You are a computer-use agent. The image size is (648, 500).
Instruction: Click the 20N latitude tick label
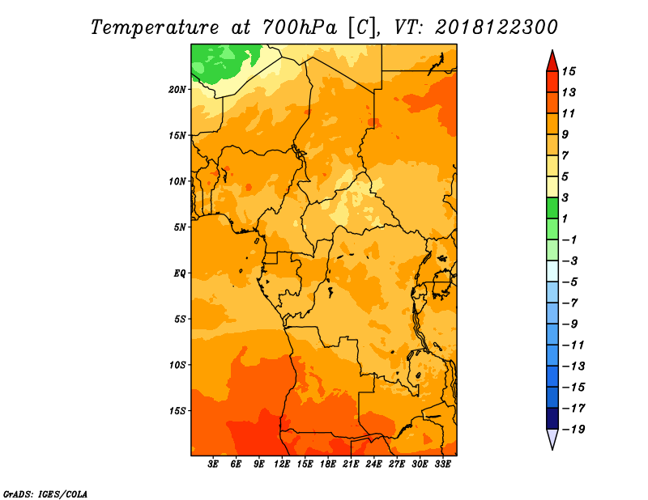177,90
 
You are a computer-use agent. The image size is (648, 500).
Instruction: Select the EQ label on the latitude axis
180,273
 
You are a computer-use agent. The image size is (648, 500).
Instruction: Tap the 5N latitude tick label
180,227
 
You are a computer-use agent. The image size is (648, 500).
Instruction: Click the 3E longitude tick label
213,464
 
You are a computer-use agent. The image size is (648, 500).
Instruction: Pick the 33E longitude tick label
442,464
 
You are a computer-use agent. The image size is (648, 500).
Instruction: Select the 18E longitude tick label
328,464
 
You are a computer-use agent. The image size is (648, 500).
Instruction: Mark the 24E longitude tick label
373,464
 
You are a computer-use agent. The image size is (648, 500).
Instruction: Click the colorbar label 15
569,71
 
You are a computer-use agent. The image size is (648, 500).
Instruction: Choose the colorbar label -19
573,430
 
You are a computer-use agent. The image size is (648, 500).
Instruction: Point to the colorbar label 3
565,197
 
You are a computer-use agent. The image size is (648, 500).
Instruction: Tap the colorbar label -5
570,282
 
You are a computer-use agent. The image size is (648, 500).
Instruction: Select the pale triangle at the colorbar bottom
552,438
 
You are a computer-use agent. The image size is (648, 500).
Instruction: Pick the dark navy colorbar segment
552,418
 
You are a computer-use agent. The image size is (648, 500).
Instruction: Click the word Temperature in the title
155,28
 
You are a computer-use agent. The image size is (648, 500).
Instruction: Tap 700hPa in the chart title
300,28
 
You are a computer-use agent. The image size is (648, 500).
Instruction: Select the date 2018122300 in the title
497,28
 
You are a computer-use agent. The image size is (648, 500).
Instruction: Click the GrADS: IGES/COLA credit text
45,494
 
